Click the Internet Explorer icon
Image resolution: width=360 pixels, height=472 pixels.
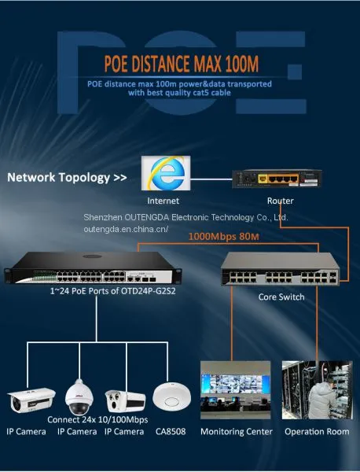pyautogui.click(x=166, y=173)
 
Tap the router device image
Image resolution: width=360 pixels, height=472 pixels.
pyautogui.click(x=277, y=179)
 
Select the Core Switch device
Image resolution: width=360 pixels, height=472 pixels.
pyautogui.click(x=280, y=268)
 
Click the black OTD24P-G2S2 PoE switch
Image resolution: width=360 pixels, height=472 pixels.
pyautogui.click(x=93, y=267)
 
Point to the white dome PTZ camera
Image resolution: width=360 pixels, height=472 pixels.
pyautogui.click(x=79, y=396)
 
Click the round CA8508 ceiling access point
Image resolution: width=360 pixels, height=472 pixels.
pyautogui.click(x=171, y=397)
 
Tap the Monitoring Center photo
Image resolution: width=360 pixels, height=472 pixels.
pyautogui.click(x=236, y=390)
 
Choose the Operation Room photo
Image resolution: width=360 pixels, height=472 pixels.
pyautogui.click(x=317, y=390)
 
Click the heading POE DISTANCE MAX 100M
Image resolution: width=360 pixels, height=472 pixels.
pyautogui.click(x=182, y=63)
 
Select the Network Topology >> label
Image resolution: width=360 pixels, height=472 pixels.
pyautogui.click(x=67, y=177)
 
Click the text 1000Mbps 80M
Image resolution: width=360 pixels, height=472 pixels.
pyautogui.click(x=223, y=237)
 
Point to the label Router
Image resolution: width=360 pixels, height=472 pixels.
pyautogui.click(x=281, y=201)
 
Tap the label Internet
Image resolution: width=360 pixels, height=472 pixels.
pyautogui.click(x=163, y=201)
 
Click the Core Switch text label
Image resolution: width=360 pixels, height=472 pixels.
pyautogui.click(x=281, y=297)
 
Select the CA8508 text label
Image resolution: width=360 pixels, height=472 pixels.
pyautogui.click(x=171, y=432)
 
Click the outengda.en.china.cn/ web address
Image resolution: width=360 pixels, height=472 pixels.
pyautogui.click(x=126, y=229)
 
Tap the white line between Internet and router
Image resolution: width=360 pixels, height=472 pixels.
pyautogui.click(x=211, y=179)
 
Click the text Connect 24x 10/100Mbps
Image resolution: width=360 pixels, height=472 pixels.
pyautogui.click(x=97, y=419)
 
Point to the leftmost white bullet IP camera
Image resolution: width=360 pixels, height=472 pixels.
pyautogui.click(x=31, y=400)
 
